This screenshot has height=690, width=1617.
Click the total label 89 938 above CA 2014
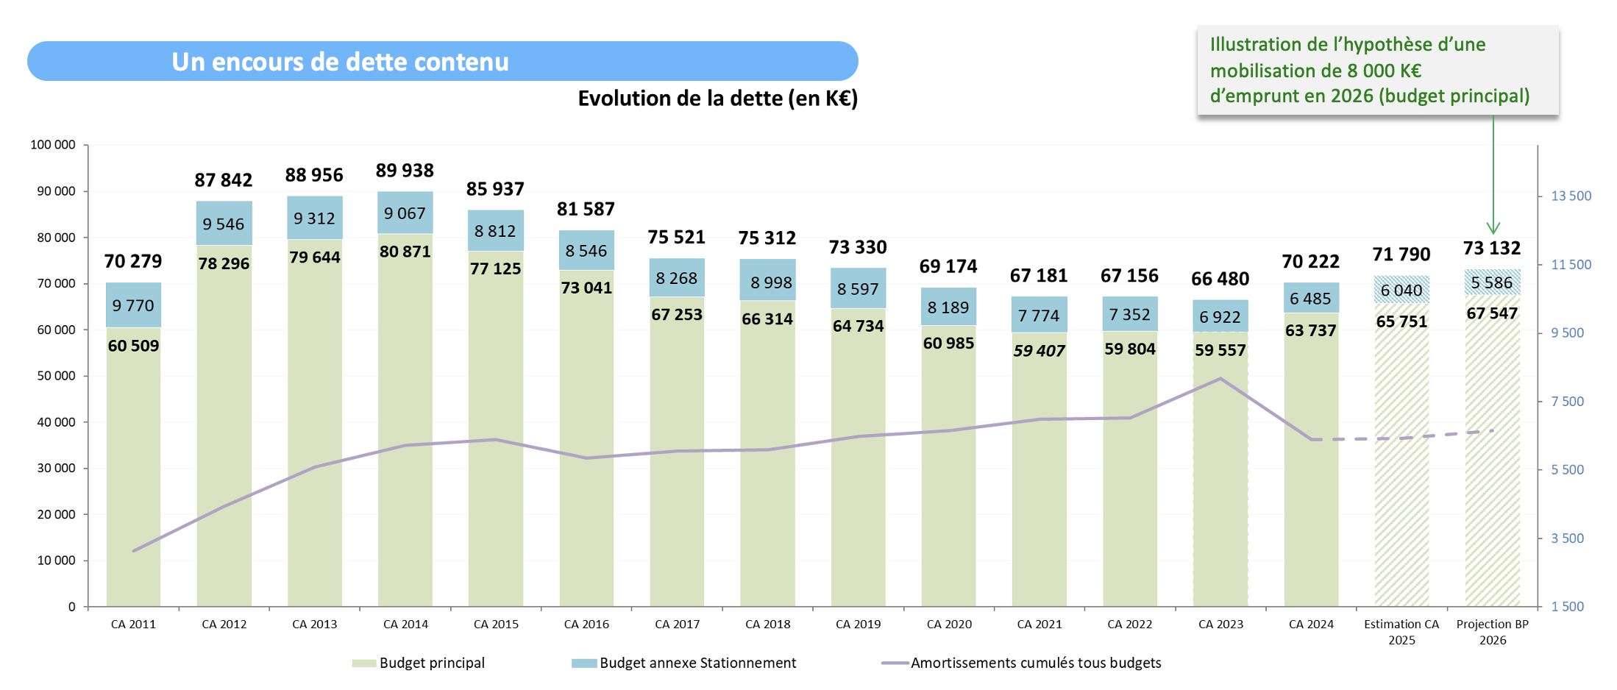(405, 171)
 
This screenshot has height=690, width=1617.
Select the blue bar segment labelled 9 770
(133, 305)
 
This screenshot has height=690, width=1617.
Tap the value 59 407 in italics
(1039, 351)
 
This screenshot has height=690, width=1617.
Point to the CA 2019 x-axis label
(858, 625)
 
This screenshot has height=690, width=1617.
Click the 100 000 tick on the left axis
(53, 145)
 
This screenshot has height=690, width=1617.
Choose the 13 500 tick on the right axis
(1571, 196)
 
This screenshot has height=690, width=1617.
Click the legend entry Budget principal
(431, 663)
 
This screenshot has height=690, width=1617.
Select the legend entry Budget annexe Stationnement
(697, 663)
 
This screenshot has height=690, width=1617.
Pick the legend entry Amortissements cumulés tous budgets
(1035, 663)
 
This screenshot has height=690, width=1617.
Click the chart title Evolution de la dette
(717, 99)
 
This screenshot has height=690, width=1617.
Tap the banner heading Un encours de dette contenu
(340, 62)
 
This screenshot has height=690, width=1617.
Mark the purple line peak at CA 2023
(1220, 379)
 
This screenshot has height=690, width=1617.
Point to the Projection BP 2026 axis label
(1492, 632)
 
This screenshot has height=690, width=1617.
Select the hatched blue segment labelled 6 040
(1401, 290)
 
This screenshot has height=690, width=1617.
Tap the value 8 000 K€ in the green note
(1384, 71)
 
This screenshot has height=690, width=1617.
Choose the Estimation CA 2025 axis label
(1401, 632)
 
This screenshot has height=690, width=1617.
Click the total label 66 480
(1220, 279)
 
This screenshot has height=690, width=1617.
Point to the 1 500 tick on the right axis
(1567, 607)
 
